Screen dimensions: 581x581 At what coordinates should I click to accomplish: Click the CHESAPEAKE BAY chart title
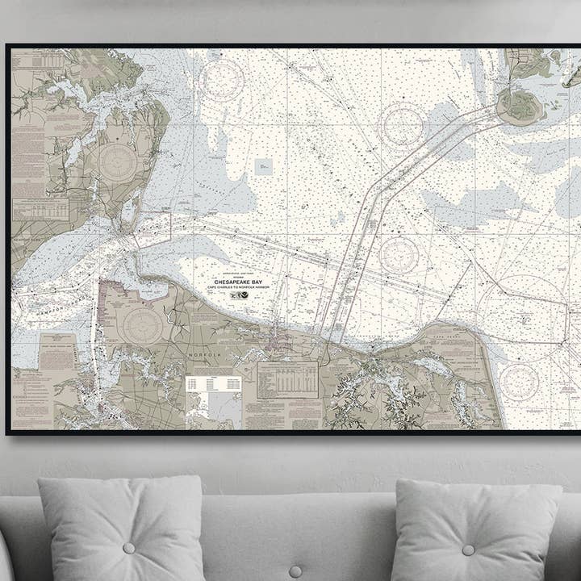pyautogui.click(x=240, y=281)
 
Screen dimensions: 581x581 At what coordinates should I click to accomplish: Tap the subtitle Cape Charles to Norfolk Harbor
pyautogui.click(x=240, y=288)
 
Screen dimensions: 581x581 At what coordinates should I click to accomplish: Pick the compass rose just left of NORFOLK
pyautogui.click(x=143, y=324)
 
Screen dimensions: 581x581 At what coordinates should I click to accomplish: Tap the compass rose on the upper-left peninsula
pyautogui.click(x=118, y=162)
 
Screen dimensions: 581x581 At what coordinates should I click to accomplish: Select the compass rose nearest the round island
pyautogui.click(x=402, y=126)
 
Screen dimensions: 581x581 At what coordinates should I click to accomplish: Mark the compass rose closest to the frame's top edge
pyautogui.click(x=221, y=81)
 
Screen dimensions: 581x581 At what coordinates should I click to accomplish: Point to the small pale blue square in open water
pyautogui.click(x=263, y=166)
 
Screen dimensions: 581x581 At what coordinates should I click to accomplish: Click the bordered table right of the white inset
pyautogui.click(x=287, y=379)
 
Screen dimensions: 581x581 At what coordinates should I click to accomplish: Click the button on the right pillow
pyautogui.click(x=468, y=550)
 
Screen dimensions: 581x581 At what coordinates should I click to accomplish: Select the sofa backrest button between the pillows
pyautogui.click(x=295, y=571)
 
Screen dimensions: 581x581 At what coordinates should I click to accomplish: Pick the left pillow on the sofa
pyautogui.click(x=122, y=529)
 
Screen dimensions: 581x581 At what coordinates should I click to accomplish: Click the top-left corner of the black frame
pyautogui.click(x=8, y=46)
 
